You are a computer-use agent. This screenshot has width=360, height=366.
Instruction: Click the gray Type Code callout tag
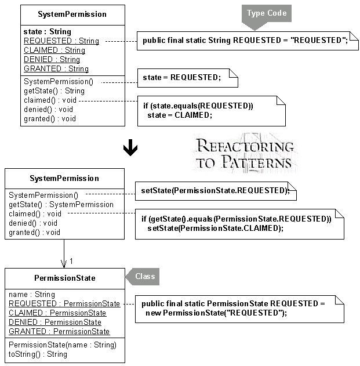267,15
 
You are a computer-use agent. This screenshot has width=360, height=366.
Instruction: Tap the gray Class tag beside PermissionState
143,277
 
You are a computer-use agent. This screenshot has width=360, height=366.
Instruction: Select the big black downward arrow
130,147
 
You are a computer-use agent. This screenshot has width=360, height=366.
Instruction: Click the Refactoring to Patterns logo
245,154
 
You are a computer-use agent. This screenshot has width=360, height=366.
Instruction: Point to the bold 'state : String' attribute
48,31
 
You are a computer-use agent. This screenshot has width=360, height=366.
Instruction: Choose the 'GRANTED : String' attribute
56,68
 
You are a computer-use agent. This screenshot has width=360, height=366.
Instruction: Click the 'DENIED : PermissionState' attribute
55,322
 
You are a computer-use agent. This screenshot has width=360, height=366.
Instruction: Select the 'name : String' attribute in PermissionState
32,294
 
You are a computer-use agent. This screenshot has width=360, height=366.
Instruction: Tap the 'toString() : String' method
38,354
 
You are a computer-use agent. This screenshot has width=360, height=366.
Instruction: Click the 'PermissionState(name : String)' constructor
63,345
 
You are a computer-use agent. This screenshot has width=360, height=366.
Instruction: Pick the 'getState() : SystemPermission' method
61,205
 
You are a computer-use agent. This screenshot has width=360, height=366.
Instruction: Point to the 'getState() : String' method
54,91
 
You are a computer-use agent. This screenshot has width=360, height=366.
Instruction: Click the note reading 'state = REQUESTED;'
188,78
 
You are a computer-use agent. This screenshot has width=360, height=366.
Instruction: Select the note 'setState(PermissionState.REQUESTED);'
216,191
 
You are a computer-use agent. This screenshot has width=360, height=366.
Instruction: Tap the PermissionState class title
65,278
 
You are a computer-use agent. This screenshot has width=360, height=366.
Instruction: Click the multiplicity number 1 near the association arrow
71,261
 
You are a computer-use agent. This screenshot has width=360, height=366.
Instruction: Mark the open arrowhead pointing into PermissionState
64,264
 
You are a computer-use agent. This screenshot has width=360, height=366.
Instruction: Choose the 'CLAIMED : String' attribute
54,50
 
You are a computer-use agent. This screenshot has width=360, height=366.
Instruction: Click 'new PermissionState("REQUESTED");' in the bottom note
216,313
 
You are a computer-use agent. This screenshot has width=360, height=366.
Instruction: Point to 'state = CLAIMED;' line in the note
180,115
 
